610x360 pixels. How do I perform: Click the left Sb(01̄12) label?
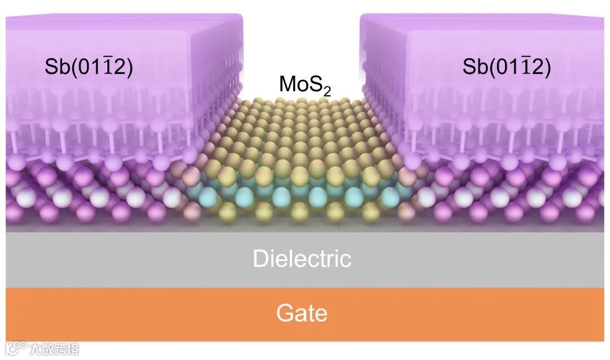point(89,67)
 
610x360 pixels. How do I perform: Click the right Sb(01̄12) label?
point(506,67)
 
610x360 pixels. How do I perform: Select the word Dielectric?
point(302,259)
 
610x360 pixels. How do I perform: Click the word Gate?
point(302,313)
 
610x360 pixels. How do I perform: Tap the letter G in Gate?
point(284,313)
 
